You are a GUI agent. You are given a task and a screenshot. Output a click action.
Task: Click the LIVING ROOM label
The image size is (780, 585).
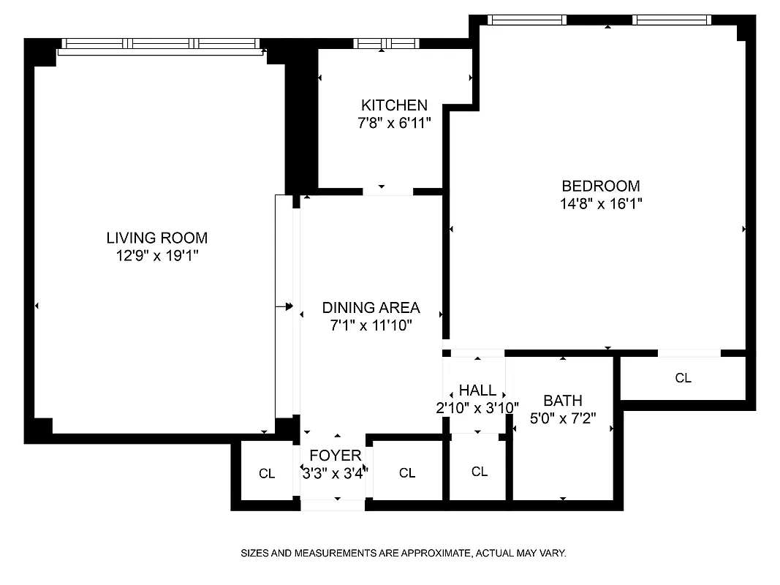pyautogui.click(x=156, y=238)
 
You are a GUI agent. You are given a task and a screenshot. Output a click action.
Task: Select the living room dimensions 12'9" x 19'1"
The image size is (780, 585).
pyautogui.click(x=156, y=256)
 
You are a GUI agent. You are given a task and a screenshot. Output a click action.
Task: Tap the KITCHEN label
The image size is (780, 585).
pyautogui.click(x=394, y=105)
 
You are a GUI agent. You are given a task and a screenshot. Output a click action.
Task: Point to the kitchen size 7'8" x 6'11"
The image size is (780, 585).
pyautogui.click(x=394, y=124)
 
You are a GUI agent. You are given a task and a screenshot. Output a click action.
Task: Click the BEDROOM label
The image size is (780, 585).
pyautogui.click(x=600, y=186)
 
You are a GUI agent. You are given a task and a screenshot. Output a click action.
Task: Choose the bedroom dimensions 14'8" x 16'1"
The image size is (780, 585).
pyautogui.click(x=600, y=204)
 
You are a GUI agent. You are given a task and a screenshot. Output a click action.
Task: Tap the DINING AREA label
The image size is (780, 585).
pyautogui.click(x=371, y=307)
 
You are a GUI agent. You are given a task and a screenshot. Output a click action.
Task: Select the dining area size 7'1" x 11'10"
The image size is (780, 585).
pyautogui.click(x=371, y=325)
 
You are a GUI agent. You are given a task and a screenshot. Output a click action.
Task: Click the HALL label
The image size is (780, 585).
pyautogui.click(x=477, y=390)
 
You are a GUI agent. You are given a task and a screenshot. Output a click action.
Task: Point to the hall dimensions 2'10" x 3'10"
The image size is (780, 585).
pyautogui.click(x=477, y=408)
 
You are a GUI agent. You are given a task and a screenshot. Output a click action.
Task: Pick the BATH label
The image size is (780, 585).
pyautogui.click(x=563, y=401)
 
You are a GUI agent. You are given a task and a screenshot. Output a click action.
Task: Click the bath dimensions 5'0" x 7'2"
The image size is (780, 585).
pyautogui.click(x=563, y=419)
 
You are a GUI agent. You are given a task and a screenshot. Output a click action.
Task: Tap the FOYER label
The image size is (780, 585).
pyautogui.click(x=335, y=456)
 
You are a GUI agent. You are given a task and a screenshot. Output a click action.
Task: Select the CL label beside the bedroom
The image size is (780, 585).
pyautogui.click(x=683, y=378)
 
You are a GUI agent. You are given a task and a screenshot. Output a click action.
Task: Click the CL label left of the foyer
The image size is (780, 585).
pyautogui.click(x=267, y=474)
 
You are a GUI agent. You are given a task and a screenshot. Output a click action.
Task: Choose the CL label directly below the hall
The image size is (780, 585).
pyautogui.click(x=479, y=472)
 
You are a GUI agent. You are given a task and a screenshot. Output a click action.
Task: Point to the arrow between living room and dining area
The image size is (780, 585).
pyautogui.click(x=284, y=306)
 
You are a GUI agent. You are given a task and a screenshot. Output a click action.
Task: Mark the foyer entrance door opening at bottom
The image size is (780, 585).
pyautogui.click(x=333, y=505)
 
